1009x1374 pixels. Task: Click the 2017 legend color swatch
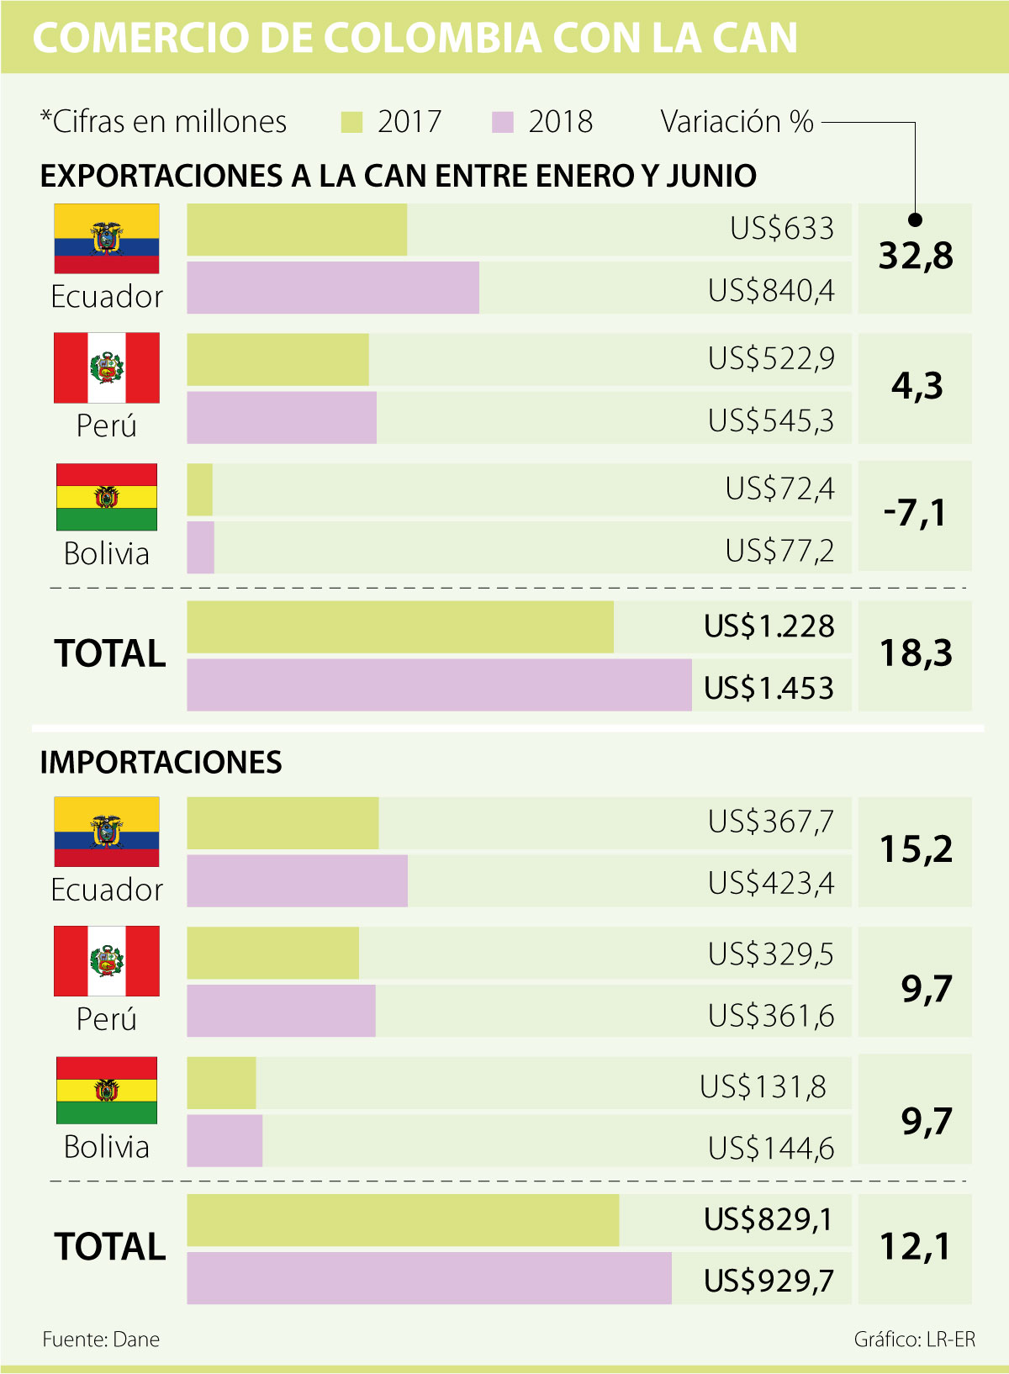(351, 123)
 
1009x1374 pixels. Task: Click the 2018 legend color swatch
(502, 123)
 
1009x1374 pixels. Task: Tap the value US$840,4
(771, 290)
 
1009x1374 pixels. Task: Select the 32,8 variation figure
(916, 256)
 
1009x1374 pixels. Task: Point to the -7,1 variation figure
(915, 513)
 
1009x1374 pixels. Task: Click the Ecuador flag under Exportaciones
(107, 239)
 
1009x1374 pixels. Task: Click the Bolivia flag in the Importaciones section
(107, 1090)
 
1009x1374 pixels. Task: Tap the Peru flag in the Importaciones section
(107, 961)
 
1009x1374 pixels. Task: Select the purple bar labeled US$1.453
(439, 685)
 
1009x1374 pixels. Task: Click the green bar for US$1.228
(400, 627)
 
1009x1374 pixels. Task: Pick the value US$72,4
(779, 489)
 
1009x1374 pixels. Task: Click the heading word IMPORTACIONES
(161, 763)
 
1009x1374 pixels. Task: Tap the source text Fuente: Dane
(101, 1340)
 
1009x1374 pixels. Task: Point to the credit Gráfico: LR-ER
(915, 1340)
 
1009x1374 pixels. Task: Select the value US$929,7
(769, 1281)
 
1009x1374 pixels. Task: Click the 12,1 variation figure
(915, 1246)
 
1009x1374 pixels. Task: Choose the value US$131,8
(763, 1086)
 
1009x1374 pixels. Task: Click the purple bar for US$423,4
(297, 881)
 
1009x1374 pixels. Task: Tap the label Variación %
(737, 122)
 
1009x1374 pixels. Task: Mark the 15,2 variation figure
(916, 849)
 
